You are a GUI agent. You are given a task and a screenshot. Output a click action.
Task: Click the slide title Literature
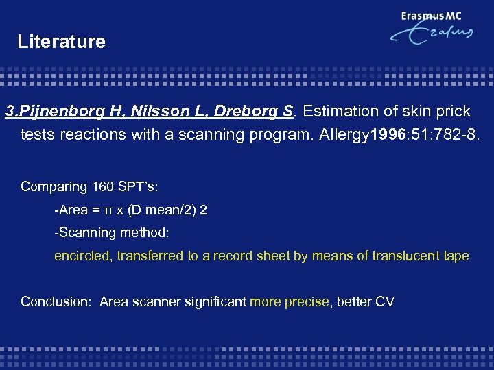[x=62, y=42]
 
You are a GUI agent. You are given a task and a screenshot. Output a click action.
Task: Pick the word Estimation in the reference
[x=336, y=111]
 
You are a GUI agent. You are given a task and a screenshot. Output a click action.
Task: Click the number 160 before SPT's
[x=100, y=186]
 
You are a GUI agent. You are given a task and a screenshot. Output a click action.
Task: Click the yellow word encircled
[x=83, y=256]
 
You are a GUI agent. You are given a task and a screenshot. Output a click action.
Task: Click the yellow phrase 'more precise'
[x=289, y=301]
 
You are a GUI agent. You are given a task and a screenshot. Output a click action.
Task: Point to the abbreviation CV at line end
[x=384, y=301]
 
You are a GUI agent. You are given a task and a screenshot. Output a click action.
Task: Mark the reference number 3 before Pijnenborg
[x=9, y=111]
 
